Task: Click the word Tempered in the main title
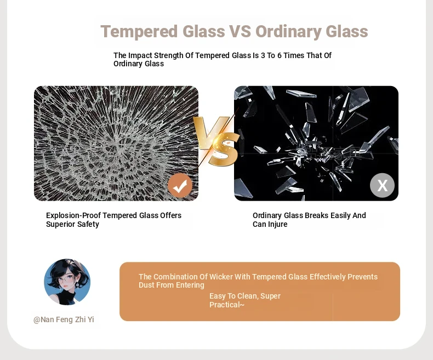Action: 139,31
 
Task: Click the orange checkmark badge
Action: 180,185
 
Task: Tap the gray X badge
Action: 382,185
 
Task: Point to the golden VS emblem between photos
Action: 216,141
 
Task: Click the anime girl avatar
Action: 67,282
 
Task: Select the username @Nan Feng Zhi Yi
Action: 64,319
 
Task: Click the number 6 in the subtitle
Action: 279,55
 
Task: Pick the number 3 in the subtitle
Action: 263,55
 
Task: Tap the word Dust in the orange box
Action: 146,285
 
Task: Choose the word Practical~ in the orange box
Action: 227,305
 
